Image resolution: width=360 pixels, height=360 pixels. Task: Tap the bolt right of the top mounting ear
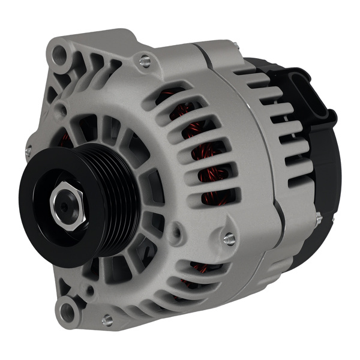coord(145,61)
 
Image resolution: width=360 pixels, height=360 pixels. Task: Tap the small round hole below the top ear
coord(61,110)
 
